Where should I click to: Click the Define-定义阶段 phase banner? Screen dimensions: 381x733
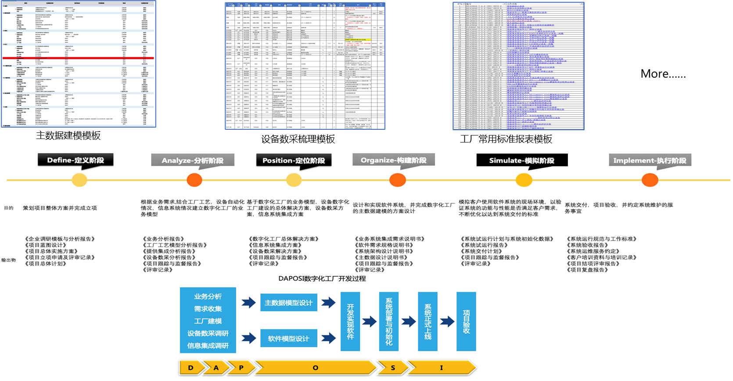click(x=75, y=160)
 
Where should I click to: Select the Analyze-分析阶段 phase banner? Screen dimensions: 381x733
click(x=192, y=160)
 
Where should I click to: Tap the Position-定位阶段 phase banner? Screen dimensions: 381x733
click(x=294, y=160)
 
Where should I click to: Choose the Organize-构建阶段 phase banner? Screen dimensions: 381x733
click(x=393, y=160)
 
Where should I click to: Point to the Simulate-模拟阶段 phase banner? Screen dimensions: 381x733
click(x=522, y=160)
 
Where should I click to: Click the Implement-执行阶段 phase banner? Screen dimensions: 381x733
click(x=650, y=160)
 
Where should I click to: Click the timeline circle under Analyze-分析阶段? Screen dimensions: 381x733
click(x=194, y=180)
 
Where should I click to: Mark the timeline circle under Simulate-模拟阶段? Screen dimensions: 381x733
click(x=524, y=180)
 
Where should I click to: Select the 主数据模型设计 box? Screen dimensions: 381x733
click(x=288, y=303)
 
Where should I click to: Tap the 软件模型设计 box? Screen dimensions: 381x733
click(x=288, y=338)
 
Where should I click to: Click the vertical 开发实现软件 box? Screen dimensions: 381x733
click(x=350, y=321)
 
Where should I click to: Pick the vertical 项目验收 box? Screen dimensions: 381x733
click(x=466, y=321)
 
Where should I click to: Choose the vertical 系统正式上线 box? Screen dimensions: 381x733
click(x=428, y=321)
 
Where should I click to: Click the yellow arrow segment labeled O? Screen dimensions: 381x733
click(x=315, y=368)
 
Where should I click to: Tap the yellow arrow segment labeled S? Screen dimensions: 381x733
click(x=393, y=368)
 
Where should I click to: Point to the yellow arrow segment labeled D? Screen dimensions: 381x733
click(x=191, y=368)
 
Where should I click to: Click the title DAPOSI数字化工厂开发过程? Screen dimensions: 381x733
click(x=322, y=279)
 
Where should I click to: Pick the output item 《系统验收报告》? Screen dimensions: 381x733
click(x=589, y=245)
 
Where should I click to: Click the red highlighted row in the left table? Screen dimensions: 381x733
click(x=78, y=58)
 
